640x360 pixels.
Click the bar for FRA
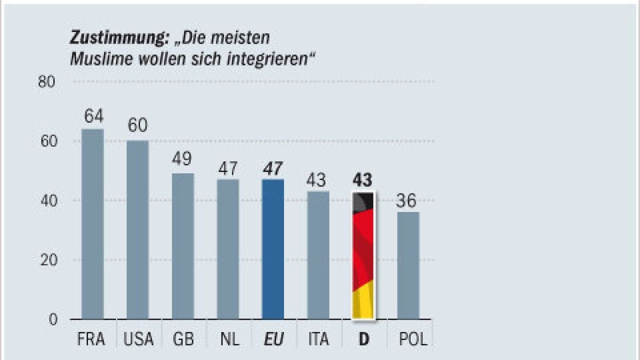(92, 224)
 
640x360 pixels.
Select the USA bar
(138, 230)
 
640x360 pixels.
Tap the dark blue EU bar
(273, 249)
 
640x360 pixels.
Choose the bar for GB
(183, 246)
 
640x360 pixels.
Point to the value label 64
(93, 116)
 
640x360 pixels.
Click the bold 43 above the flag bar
(363, 180)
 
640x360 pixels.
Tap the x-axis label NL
(228, 339)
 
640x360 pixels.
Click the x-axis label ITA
(318, 339)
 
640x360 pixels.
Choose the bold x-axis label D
(364, 339)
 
